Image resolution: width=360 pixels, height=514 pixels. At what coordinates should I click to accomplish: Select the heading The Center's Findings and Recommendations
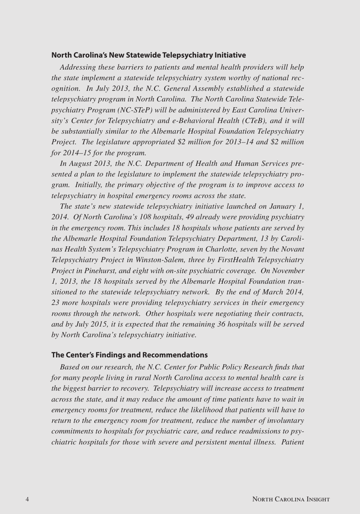pyautogui.click(x=130, y=355)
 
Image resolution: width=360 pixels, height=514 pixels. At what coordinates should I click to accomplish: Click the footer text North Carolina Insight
pyautogui.click(x=291, y=499)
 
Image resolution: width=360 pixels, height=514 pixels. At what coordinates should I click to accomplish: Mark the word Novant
pyautogui.click(x=292, y=249)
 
